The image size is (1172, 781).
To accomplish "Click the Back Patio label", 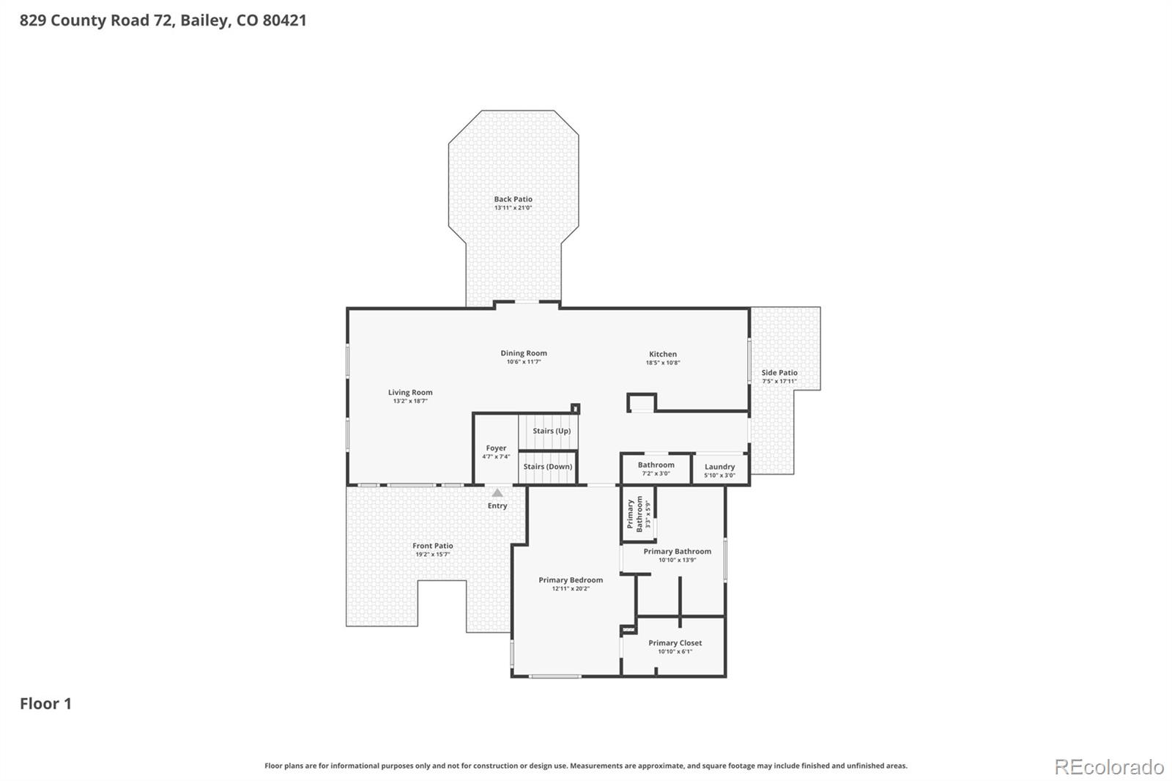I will pos(513,199).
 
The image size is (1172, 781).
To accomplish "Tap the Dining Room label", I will pos(524,353).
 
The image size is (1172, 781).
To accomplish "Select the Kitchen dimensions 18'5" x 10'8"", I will pos(662,363).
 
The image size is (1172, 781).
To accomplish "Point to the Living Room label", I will pos(410,393).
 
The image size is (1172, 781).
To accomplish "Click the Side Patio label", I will pos(779,373).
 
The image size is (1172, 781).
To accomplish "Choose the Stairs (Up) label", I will pos(551,431).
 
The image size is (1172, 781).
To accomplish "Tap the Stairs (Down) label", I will pos(548,467).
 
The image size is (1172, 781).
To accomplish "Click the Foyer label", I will pos(496,448).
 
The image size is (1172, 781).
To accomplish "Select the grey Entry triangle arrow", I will pos(497,493).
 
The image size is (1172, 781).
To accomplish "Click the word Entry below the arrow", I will pos(497,506).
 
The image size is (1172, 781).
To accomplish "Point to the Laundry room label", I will pos(719,467).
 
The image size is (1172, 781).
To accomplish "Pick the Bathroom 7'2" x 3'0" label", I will pos(656,465).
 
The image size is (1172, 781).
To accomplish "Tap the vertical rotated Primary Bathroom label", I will pos(634,514).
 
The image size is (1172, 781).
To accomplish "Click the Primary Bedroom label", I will pos(571,580).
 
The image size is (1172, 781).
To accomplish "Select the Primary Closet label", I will pos(675,643).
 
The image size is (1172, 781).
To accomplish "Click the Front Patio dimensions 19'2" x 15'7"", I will pos(432,555).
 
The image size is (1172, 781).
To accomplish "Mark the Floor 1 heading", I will pos(45,703).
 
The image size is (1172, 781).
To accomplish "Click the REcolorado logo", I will pos(1108,767).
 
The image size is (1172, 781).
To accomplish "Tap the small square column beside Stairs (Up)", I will pos(576,409).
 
